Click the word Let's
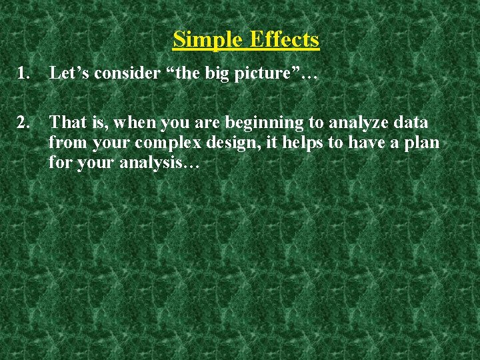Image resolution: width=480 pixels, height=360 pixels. [x=69, y=73]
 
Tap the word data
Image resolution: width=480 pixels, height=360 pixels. [x=412, y=123]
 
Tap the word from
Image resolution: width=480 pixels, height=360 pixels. [x=65, y=143]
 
